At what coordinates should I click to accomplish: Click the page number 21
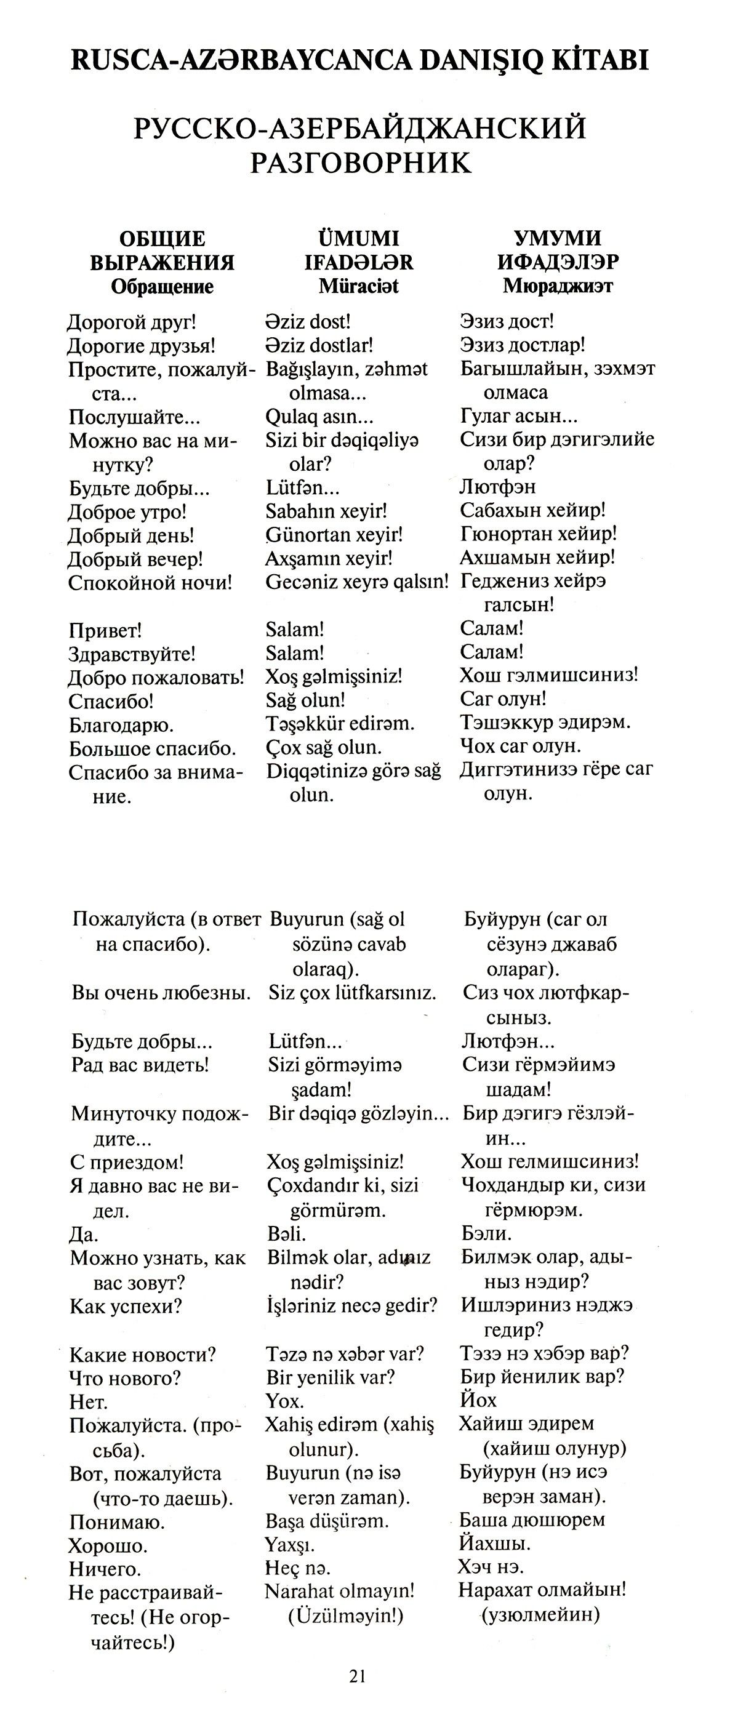click(x=357, y=1675)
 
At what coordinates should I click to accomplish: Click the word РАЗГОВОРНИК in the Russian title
click(x=360, y=162)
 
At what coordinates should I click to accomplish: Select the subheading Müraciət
click(x=358, y=286)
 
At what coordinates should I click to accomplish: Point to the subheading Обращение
click(x=162, y=287)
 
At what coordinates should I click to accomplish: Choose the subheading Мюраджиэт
click(x=558, y=286)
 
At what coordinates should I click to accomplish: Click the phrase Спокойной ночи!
click(x=150, y=582)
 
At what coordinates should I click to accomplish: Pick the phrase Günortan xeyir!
click(x=334, y=534)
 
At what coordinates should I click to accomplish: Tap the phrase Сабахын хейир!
click(x=532, y=511)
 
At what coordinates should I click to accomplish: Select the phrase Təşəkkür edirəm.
click(x=340, y=723)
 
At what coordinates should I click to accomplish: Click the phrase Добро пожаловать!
click(x=156, y=677)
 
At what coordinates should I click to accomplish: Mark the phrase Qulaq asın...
click(x=319, y=417)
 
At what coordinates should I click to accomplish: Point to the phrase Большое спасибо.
click(x=153, y=748)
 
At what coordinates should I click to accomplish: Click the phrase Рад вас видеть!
click(x=140, y=1064)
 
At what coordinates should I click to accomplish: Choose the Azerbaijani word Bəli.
click(x=286, y=1233)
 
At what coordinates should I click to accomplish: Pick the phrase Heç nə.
click(x=297, y=1568)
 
